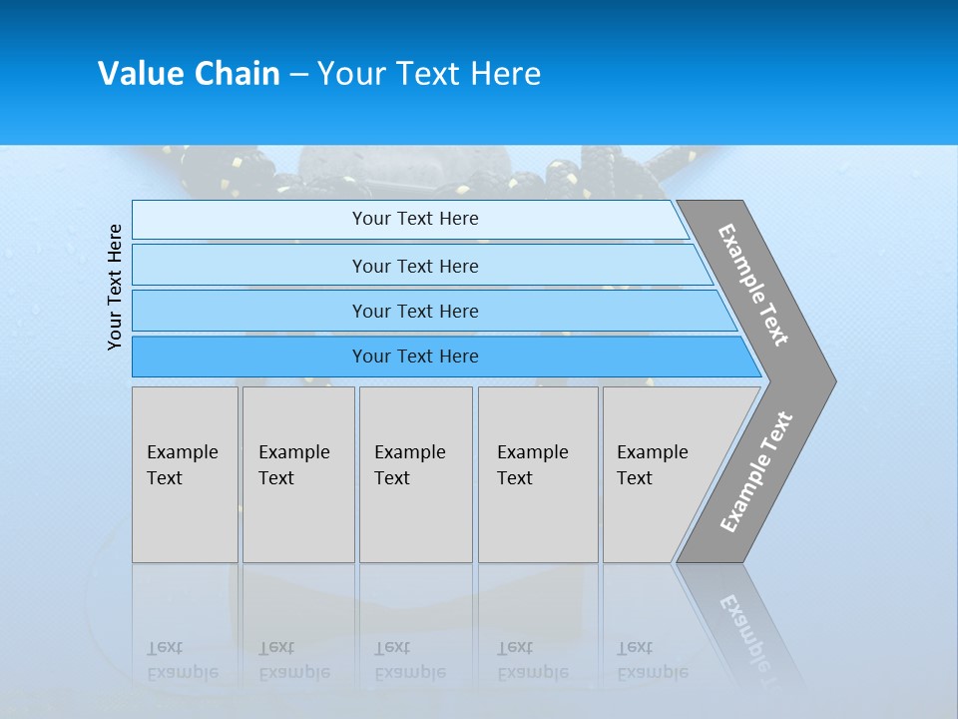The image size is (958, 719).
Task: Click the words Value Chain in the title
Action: tap(189, 74)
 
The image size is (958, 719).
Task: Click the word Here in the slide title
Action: tap(505, 74)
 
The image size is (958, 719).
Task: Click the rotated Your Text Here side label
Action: tap(115, 287)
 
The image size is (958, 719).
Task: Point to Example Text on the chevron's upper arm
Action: tap(754, 286)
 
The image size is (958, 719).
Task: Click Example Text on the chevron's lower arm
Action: tap(756, 472)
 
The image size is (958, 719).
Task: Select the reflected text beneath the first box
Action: tap(182, 660)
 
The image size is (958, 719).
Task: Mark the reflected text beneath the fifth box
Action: tap(652, 660)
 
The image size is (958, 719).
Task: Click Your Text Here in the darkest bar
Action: tap(415, 357)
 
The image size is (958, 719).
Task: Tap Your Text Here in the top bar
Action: tap(415, 219)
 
